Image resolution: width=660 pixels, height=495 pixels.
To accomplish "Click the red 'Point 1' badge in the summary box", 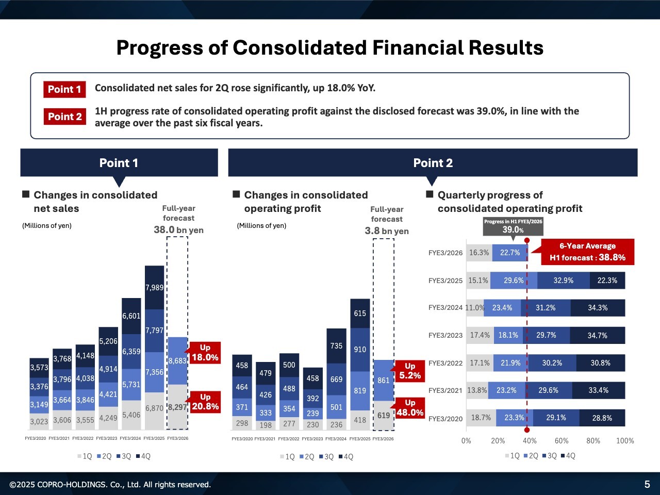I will click(x=64, y=89).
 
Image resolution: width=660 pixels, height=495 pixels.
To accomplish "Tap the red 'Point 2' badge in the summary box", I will click(x=64, y=117).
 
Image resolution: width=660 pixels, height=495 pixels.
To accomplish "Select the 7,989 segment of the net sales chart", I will click(x=154, y=287).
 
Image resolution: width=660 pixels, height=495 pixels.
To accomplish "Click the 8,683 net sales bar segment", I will click(x=177, y=361).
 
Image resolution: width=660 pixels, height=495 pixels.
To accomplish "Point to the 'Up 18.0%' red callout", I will click(x=205, y=353).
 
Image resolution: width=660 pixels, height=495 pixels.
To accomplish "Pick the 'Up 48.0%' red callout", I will click(x=409, y=408).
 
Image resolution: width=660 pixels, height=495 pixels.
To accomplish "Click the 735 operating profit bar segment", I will click(x=336, y=346).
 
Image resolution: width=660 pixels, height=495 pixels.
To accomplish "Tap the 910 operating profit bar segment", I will click(x=360, y=350).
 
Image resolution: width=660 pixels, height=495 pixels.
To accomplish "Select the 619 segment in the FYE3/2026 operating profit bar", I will click(x=383, y=416).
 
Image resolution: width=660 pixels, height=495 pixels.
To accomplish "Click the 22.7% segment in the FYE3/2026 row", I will click(x=509, y=253).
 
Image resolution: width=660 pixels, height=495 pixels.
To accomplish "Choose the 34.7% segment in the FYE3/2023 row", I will click(x=597, y=335).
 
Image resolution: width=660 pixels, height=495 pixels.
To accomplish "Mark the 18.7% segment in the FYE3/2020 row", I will click(x=481, y=418).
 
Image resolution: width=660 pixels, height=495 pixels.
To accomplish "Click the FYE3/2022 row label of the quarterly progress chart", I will click(x=445, y=363).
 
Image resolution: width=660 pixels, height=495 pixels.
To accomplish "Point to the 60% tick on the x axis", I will click(x=562, y=441).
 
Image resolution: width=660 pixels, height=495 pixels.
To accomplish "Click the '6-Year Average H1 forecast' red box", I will click(x=587, y=252).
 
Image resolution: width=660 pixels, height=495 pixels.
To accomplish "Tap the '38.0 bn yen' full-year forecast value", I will click(x=178, y=230).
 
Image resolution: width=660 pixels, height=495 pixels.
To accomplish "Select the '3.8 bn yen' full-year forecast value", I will click(x=387, y=231).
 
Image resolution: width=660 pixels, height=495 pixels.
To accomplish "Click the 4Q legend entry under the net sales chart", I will click(x=143, y=456).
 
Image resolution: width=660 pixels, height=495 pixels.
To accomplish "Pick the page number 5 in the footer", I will click(x=647, y=484).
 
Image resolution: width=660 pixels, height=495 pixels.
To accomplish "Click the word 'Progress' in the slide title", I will click(x=159, y=47).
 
